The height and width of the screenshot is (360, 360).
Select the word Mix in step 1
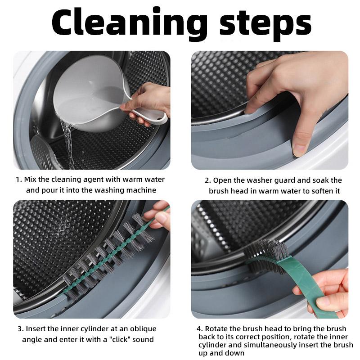pyautogui.click(x=30, y=179)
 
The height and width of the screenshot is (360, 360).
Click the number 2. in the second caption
pyautogui.click(x=208, y=180)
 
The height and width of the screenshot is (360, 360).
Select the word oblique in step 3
pyautogui.click(x=143, y=329)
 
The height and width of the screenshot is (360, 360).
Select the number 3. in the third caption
pyautogui.click(x=21, y=329)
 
